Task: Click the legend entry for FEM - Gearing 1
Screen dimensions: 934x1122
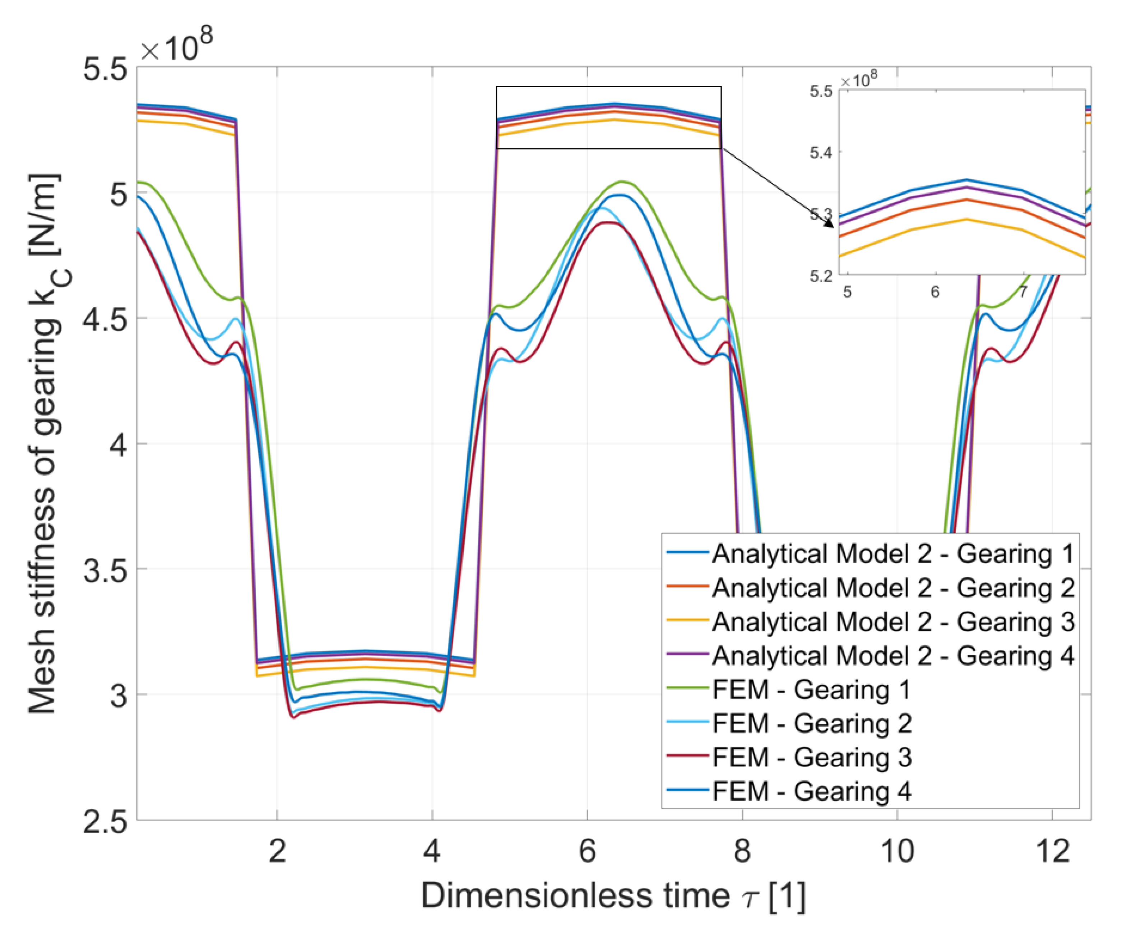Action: (x=811, y=690)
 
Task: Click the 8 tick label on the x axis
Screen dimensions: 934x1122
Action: (x=742, y=852)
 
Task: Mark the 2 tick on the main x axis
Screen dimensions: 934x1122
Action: (x=277, y=852)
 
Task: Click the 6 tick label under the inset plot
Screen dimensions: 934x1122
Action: (x=935, y=292)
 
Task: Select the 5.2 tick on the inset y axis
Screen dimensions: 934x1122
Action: (x=821, y=276)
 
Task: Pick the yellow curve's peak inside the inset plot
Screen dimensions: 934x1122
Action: (x=966, y=219)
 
